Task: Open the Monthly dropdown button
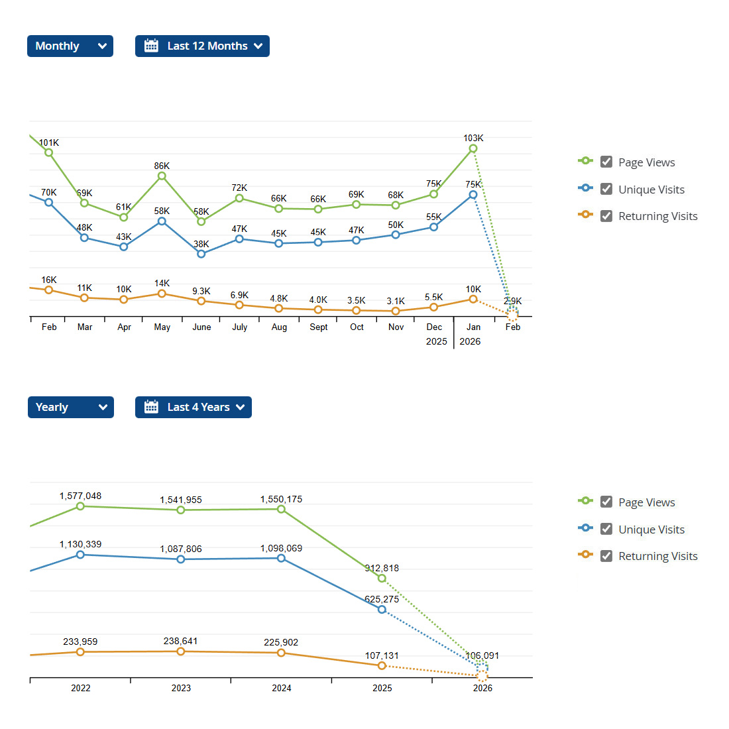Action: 70,46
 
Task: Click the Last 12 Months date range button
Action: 202,46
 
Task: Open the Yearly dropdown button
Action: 70,407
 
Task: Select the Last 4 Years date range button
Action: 193,407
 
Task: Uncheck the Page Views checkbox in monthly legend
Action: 606,162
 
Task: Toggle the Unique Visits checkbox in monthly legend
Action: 606,189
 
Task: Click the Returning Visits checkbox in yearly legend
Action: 606,555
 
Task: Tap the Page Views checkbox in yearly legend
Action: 606,502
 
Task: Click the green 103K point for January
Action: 473,148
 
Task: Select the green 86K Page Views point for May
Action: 162,176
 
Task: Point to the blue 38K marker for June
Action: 201,254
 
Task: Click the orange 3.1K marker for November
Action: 396,311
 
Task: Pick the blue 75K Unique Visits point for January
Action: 473,195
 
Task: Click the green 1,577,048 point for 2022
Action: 80,506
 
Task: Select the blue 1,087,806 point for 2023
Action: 181,559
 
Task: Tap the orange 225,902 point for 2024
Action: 281,653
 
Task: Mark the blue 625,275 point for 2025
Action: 382,609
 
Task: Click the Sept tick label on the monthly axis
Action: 319,327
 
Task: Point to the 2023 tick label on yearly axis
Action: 181,688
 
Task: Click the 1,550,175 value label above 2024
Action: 281,499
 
